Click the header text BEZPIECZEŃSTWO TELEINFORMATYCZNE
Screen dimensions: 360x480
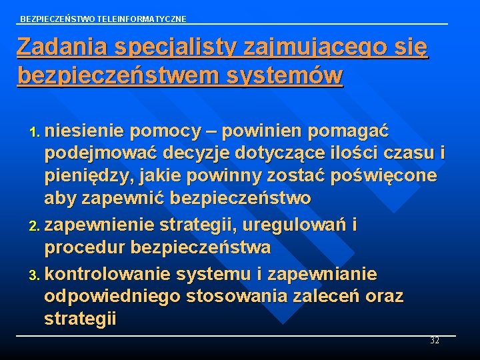(x=103, y=19)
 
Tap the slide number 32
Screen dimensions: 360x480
(x=435, y=341)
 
